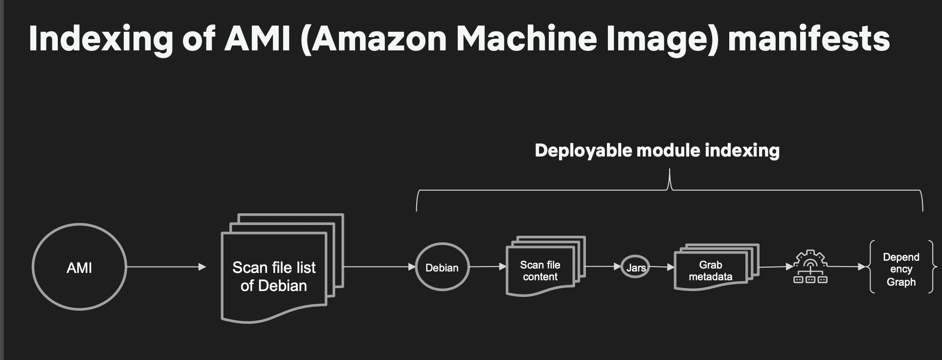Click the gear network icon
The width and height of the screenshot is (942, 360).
810,267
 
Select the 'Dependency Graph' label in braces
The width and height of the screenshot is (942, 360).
901,269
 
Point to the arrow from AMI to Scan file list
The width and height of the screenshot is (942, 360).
166,267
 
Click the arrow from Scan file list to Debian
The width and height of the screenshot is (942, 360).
380,267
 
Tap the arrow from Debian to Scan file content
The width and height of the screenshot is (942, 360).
488,267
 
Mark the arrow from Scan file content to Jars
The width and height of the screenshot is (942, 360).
604,267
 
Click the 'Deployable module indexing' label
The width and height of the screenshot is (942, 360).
657,150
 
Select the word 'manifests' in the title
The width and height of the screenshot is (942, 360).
809,38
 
